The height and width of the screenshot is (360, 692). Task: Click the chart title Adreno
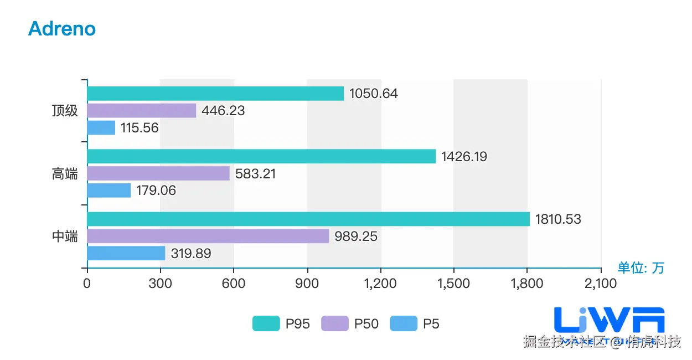[x=62, y=29]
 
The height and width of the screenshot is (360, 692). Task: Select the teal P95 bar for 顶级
[x=215, y=94]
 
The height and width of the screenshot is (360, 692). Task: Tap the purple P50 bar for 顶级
[x=142, y=111]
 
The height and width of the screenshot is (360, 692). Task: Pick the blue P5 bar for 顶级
[x=101, y=128]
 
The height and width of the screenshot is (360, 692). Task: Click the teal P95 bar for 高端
[x=261, y=156]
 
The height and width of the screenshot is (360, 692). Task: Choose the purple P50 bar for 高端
[x=158, y=173]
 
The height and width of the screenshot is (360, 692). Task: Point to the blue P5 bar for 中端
[x=126, y=253]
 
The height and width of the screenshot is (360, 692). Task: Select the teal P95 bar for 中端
[x=308, y=219]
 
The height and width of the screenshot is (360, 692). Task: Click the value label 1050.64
[x=373, y=94]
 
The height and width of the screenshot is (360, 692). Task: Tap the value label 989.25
[x=356, y=236]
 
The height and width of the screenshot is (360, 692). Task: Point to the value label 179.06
[x=156, y=191]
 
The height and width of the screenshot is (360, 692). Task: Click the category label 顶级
[x=65, y=111]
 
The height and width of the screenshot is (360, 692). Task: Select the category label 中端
[x=65, y=236]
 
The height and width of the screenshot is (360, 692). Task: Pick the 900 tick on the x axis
[x=307, y=284]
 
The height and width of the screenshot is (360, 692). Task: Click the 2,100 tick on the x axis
[x=601, y=284]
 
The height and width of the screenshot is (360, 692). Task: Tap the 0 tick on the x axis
[x=87, y=284]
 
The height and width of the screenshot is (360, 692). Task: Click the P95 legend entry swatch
[x=266, y=323]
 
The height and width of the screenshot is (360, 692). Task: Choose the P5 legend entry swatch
[x=404, y=323]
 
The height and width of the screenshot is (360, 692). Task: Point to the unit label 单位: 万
[x=641, y=268]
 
